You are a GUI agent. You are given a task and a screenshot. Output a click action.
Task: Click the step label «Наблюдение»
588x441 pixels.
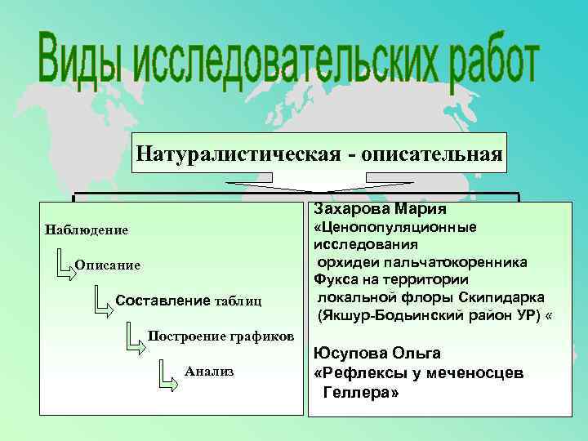tap(87, 229)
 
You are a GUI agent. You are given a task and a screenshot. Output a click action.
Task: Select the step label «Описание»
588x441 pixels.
tap(107, 265)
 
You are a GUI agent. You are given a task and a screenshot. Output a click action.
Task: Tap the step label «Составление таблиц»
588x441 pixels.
tap(189, 301)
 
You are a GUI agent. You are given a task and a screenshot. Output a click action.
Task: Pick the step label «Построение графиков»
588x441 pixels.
tap(220, 336)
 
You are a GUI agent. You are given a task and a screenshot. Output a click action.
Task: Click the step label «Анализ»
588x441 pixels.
tap(210, 371)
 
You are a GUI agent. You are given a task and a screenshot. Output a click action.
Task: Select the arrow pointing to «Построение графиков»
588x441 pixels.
tap(134, 336)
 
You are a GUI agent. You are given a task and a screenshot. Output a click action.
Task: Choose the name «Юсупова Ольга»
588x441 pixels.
tap(377, 354)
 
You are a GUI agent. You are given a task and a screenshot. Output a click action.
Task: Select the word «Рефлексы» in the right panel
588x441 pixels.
tap(358, 373)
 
